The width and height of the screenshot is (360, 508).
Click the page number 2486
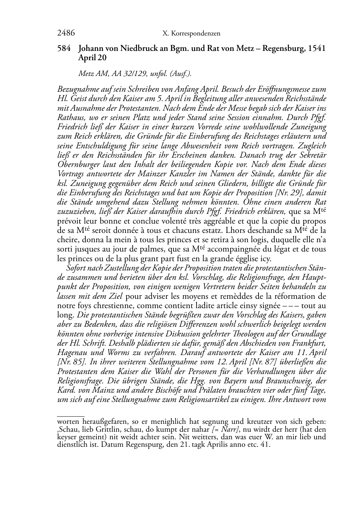pyautogui.click(x=66, y=34)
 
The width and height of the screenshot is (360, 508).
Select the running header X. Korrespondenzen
pyautogui.click(x=191, y=34)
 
